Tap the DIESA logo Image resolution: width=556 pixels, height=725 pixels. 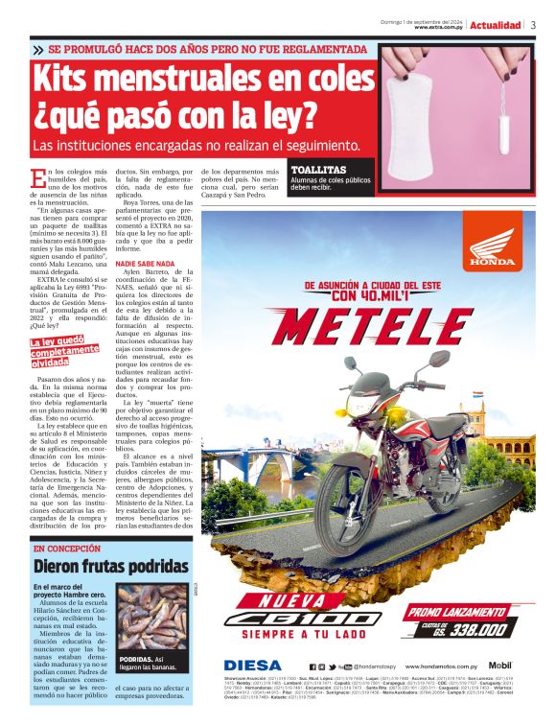pos(253,665)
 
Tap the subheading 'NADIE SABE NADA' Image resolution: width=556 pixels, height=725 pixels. pos(145,263)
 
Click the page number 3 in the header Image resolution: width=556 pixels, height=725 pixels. pos(533,25)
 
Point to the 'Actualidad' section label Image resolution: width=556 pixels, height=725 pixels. pos(496,25)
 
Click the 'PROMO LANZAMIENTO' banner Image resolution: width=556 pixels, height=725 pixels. pos(452,611)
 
